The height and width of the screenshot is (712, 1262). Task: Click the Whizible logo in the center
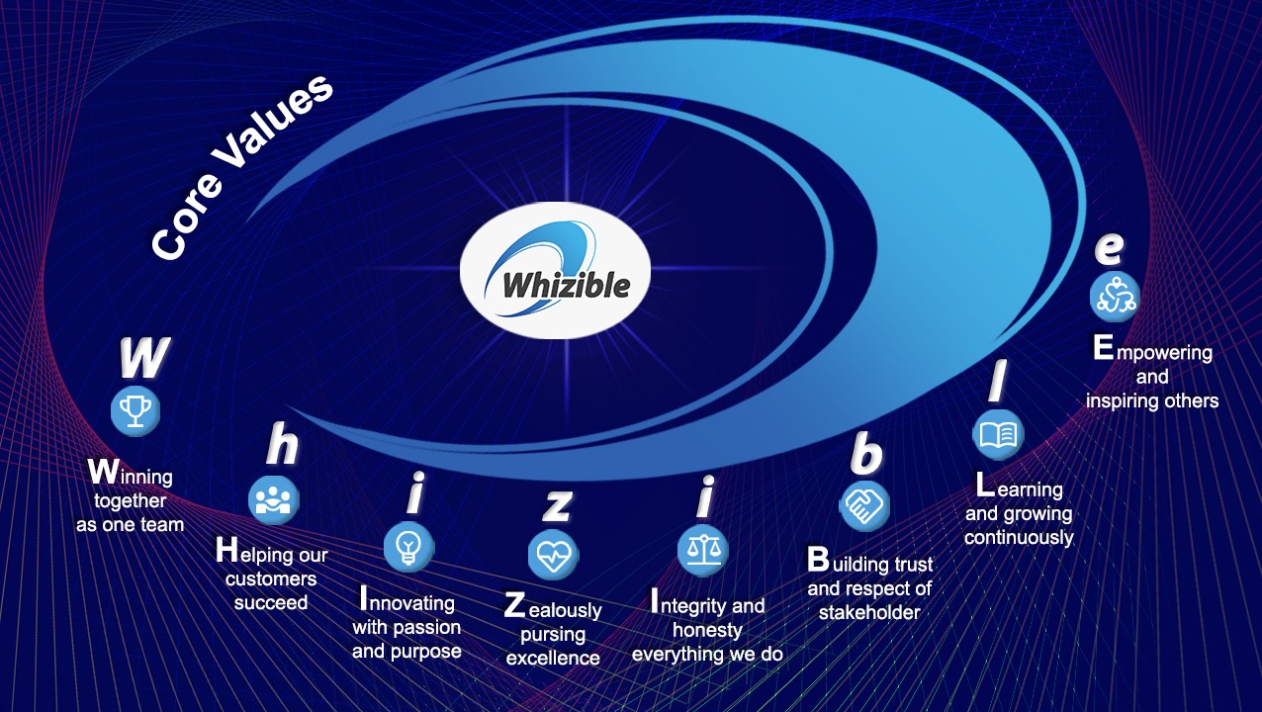click(556, 270)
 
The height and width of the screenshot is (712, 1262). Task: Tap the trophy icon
click(135, 410)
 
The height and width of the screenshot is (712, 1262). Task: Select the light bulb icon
click(409, 547)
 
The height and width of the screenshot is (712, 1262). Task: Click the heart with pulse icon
click(553, 555)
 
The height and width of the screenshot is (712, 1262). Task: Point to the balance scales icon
click(703, 551)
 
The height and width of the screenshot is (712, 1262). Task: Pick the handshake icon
click(864, 505)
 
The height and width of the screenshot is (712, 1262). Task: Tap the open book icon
click(998, 434)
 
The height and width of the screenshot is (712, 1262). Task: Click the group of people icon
click(274, 499)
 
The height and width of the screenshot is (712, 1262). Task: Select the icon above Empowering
click(1115, 297)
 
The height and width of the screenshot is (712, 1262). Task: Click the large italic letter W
click(144, 358)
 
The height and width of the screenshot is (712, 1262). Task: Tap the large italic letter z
click(557, 504)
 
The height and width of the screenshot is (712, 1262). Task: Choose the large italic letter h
click(282, 444)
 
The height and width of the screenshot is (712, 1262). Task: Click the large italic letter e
click(1109, 248)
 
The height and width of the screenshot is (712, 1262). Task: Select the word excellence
click(553, 658)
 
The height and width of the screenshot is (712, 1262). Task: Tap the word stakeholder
click(869, 612)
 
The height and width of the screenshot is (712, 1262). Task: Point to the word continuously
click(1019, 537)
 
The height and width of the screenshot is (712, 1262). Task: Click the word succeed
click(271, 602)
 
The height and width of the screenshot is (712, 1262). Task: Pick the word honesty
click(707, 630)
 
